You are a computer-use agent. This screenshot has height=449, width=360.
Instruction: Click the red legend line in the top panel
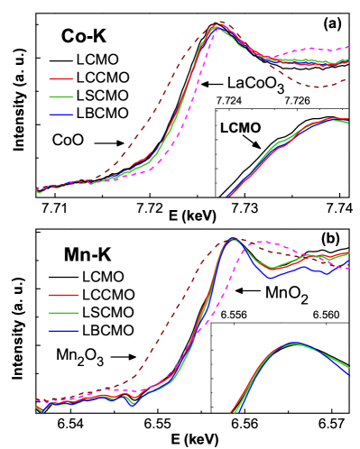61,78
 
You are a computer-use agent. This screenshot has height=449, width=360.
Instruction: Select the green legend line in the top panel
61,96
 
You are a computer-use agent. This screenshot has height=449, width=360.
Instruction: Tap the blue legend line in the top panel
61,115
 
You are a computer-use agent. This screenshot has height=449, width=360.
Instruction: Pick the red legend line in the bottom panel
63,295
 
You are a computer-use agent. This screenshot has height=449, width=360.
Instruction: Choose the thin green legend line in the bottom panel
63,313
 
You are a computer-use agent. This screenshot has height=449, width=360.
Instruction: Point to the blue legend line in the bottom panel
63,331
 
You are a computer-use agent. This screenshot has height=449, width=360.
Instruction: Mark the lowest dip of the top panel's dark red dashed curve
317,87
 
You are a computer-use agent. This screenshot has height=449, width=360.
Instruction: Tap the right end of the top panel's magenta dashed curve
349,47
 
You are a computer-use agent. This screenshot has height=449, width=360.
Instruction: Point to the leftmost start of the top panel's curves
37,190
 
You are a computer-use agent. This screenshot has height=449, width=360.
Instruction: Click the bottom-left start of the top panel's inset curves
228,196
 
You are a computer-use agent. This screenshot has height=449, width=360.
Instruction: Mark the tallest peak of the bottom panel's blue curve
232,239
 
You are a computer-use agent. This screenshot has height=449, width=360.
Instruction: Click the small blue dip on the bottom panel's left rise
133,405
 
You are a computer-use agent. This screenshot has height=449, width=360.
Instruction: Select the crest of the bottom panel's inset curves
294,344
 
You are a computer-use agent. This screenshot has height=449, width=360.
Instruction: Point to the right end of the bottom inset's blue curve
348,373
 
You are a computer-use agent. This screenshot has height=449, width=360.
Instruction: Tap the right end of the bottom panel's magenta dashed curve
348,269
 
